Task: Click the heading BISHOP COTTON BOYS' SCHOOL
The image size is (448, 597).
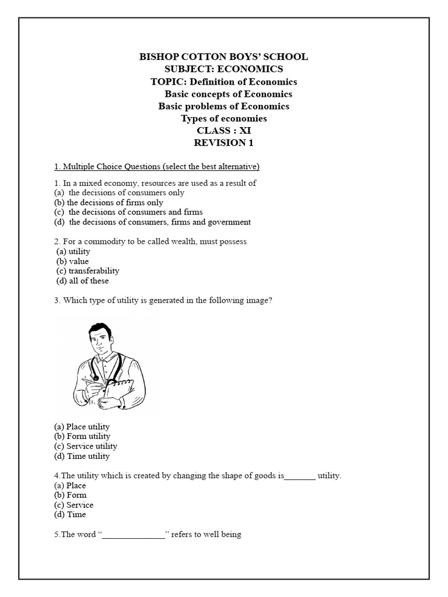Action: coord(223,57)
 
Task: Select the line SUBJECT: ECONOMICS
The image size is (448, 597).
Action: coord(223,69)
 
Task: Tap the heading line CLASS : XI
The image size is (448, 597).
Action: coord(223,131)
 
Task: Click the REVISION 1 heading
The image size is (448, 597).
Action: coord(223,143)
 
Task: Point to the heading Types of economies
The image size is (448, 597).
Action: coord(223,118)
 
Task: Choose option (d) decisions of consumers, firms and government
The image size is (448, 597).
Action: coord(152,222)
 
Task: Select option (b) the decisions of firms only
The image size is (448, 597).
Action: coord(108,202)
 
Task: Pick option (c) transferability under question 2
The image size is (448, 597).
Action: coord(88,271)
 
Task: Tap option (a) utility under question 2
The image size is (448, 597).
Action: coord(73,251)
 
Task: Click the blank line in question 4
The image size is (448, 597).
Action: coord(300,476)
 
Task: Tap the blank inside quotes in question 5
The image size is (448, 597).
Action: coord(134,535)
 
